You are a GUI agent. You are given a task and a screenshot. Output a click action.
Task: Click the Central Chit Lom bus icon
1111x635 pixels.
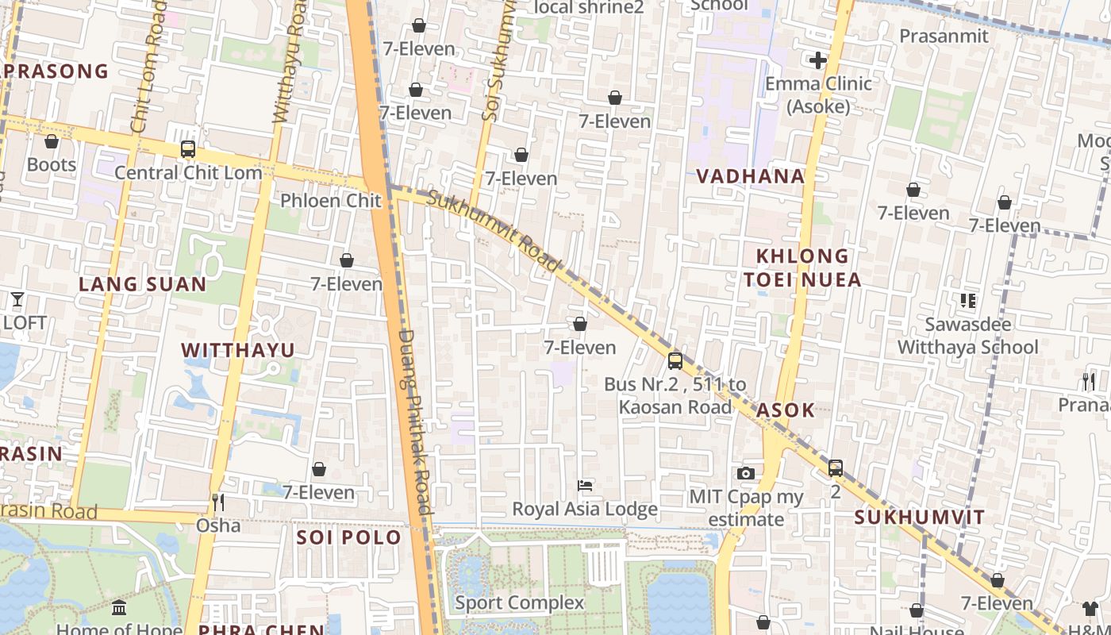pyautogui.click(x=188, y=148)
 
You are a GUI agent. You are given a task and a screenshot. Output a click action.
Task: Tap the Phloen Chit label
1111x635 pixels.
pyautogui.click(x=331, y=200)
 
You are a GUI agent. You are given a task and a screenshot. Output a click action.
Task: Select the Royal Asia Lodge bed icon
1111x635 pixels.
pyautogui.click(x=585, y=485)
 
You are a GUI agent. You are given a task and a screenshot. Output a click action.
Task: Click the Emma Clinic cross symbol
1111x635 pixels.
pyautogui.click(x=818, y=60)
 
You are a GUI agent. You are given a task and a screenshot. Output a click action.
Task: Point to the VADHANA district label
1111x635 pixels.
pyautogui.click(x=750, y=176)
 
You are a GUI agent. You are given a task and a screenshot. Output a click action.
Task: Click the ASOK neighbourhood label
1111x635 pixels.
pyautogui.click(x=786, y=410)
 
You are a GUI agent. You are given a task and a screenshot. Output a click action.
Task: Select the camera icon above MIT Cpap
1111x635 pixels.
pyautogui.click(x=745, y=474)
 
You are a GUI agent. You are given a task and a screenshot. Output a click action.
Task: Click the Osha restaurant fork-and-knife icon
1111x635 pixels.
pyautogui.click(x=218, y=502)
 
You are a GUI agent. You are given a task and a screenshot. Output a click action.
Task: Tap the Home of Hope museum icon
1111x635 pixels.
pyautogui.click(x=119, y=608)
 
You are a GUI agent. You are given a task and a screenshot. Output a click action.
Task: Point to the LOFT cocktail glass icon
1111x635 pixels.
pyautogui.click(x=17, y=299)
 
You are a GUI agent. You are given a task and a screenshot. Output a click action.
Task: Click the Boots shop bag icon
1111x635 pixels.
pyautogui.click(x=52, y=141)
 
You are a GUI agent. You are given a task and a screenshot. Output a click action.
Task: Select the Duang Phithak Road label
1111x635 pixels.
pyautogui.click(x=415, y=421)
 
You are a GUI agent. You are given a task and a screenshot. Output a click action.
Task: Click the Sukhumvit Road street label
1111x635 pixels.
pyautogui.click(x=494, y=230)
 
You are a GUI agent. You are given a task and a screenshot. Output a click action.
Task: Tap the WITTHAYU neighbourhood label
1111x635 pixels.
pyautogui.click(x=238, y=350)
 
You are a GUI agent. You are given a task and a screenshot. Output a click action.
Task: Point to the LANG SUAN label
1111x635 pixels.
pyautogui.click(x=143, y=283)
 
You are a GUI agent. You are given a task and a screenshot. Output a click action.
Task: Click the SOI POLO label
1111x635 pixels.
pyautogui.click(x=349, y=537)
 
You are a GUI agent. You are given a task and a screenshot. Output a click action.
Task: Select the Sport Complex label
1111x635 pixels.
pyautogui.click(x=519, y=602)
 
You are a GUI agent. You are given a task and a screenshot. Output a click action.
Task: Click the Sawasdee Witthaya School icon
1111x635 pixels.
pyautogui.click(x=967, y=301)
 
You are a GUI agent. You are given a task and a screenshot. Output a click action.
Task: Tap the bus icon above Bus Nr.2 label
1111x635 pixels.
pyautogui.click(x=675, y=361)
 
